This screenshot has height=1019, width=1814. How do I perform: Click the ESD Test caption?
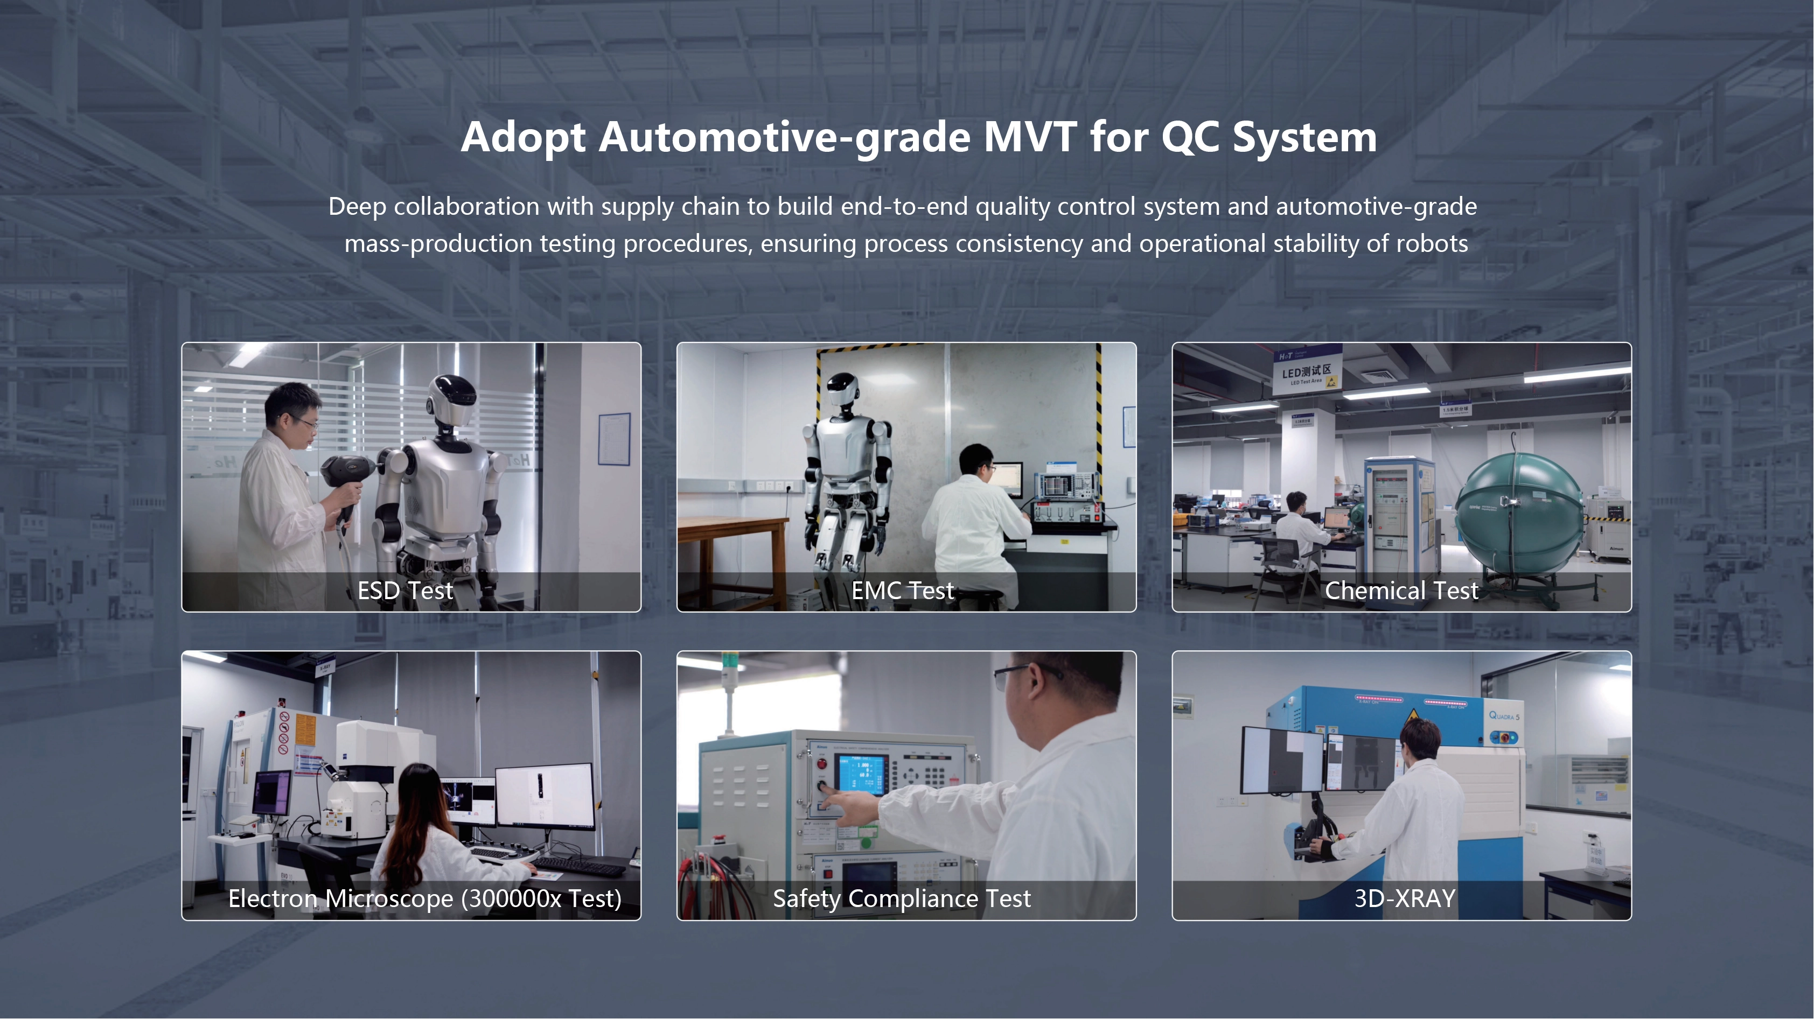(x=405, y=591)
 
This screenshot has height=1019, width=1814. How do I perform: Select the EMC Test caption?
(x=903, y=591)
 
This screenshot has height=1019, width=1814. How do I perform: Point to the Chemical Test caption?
(x=1401, y=591)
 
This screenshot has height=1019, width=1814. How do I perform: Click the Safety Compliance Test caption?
(x=902, y=898)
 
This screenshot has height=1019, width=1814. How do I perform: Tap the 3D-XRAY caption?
(x=1405, y=898)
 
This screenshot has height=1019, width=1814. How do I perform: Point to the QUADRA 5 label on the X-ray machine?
(x=1504, y=716)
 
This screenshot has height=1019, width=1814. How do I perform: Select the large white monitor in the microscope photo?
(x=545, y=797)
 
